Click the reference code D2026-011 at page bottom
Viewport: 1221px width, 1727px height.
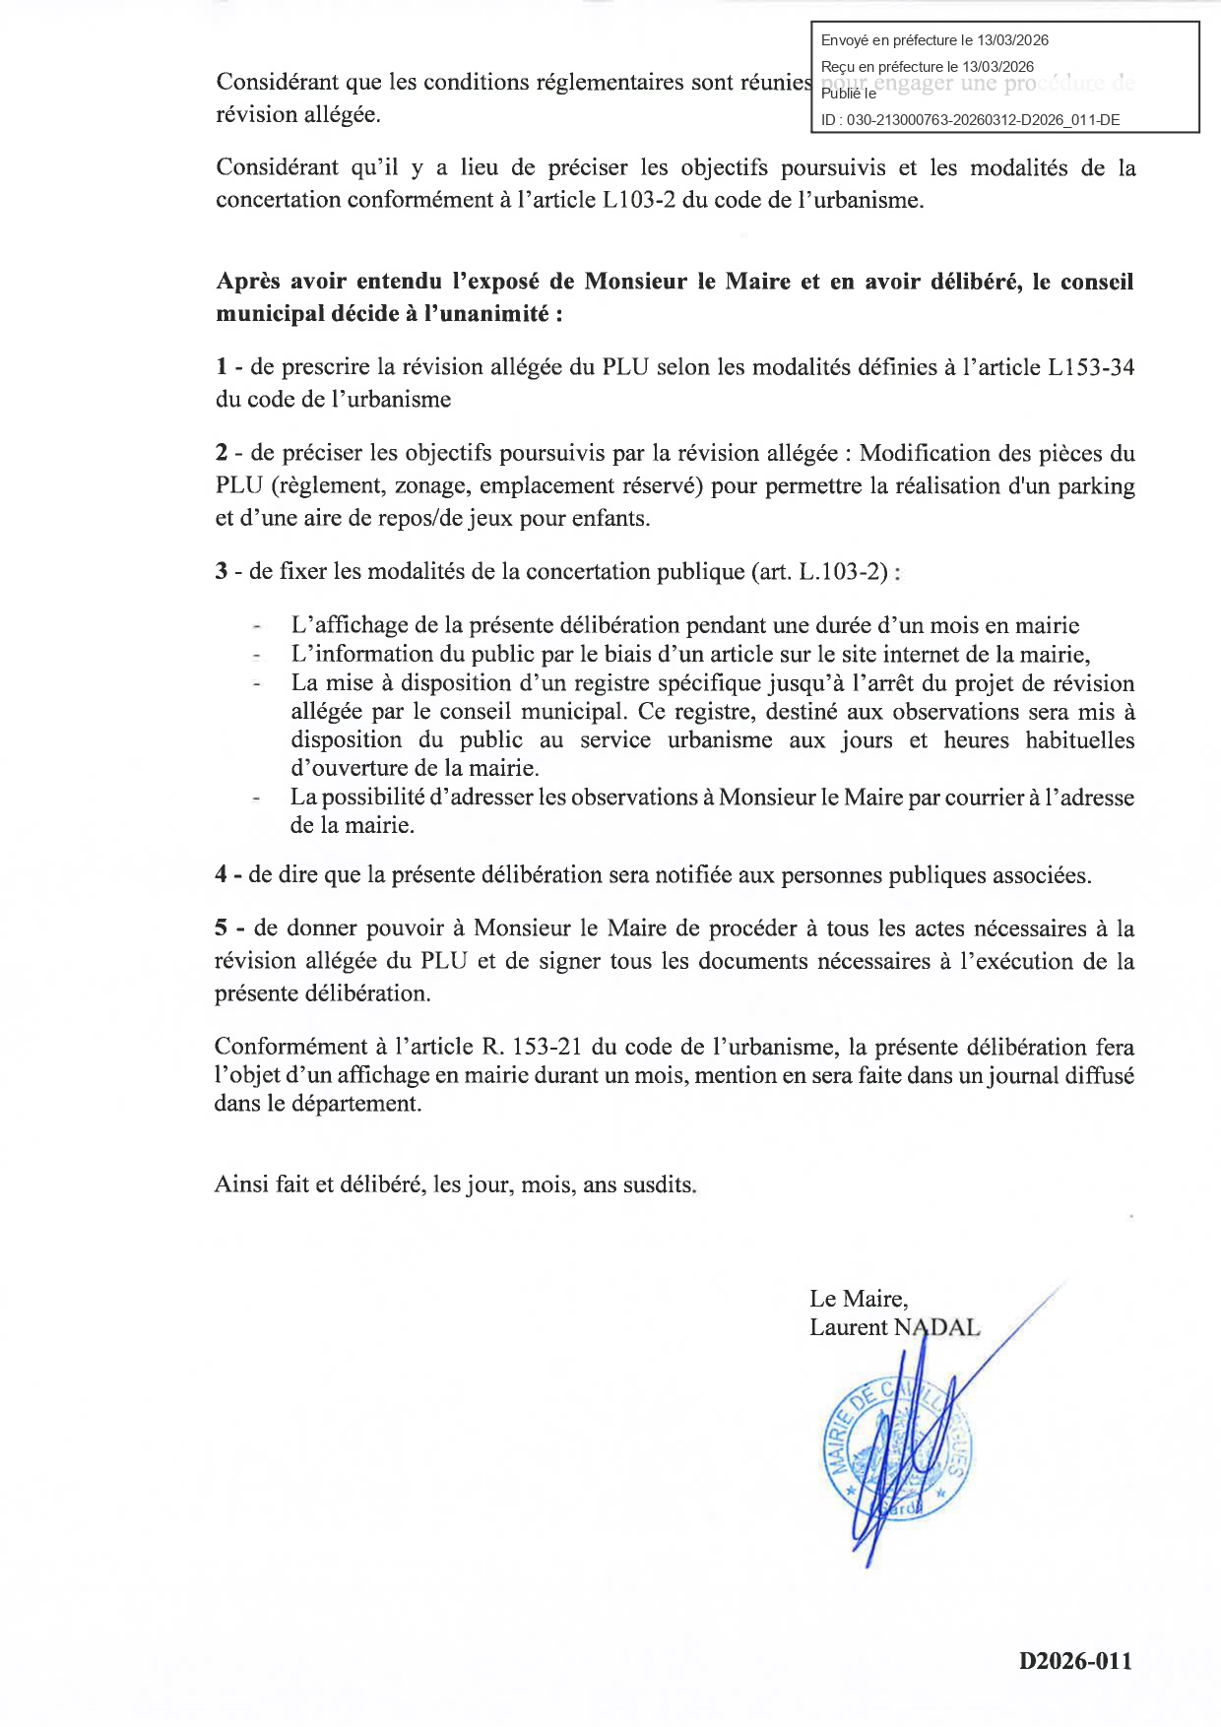[x=1075, y=1661]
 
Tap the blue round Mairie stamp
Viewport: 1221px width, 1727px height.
[x=896, y=1452]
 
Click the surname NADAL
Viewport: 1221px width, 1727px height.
[x=937, y=1327]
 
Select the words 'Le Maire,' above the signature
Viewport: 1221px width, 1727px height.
[x=859, y=1299]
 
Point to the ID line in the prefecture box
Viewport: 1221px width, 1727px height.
[x=970, y=120]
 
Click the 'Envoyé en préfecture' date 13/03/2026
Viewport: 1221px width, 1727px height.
[x=1012, y=40]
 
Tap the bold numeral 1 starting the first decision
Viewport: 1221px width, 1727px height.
[x=222, y=367]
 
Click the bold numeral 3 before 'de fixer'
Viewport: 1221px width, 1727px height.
[x=222, y=572]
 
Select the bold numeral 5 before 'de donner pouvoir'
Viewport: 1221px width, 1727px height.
[x=222, y=928]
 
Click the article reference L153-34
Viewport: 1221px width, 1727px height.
[x=1091, y=367]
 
